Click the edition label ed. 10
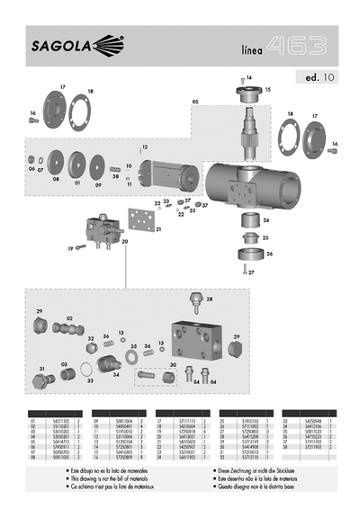315,77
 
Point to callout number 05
194,103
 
